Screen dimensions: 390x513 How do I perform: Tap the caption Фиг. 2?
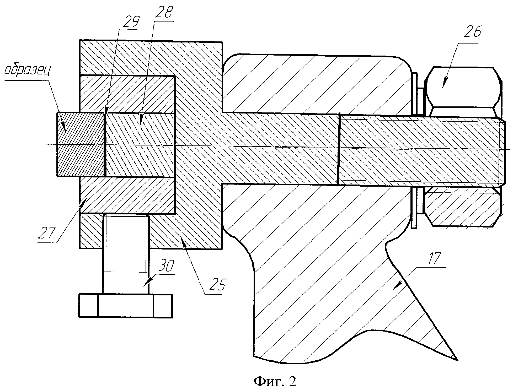[x=275, y=381]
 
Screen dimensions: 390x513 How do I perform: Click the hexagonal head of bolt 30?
[x=126, y=306]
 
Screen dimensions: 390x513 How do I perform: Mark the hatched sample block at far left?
[x=80, y=144]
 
